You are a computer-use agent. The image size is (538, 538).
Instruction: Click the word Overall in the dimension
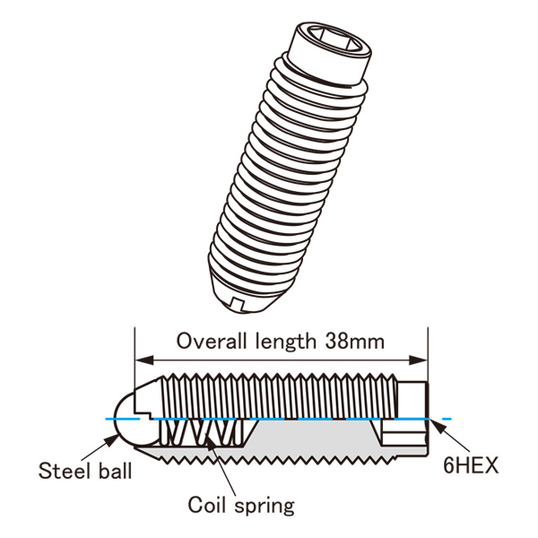click(x=208, y=342)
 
